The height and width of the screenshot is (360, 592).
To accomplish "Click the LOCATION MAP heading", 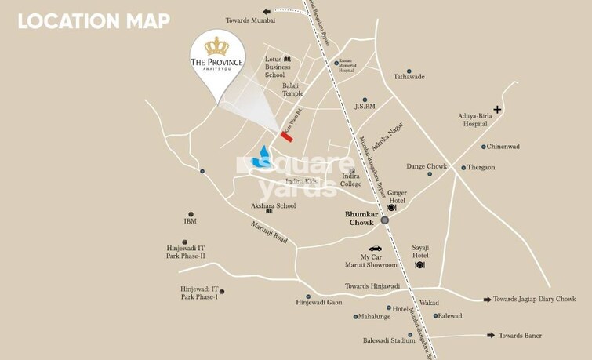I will (x=94, y=21).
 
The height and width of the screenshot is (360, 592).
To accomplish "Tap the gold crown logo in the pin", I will (x=216, y=45).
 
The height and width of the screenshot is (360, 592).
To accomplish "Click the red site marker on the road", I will (x=288, y=136).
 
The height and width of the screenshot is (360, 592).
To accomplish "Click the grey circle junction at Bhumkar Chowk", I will (x=384, y=220).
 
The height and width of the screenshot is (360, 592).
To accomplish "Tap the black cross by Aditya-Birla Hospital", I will (x=496, y=109).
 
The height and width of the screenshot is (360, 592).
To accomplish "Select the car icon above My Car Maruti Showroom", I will (x=376, y=249).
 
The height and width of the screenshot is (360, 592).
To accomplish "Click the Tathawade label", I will (x=409, y=77).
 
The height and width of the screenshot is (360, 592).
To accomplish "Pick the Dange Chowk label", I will (x=426, y=166).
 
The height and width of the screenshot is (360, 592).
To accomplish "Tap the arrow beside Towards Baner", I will (x=490, y=336).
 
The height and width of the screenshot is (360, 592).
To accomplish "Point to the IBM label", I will (x=191, y=221).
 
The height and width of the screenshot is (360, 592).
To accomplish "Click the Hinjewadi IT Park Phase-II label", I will (x=185, y=252).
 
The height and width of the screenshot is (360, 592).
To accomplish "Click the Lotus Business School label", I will (x=280, y=67).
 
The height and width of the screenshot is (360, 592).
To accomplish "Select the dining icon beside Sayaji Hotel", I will (x=419, y=265).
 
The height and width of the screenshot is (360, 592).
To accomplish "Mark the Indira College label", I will (x=350, y=180).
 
